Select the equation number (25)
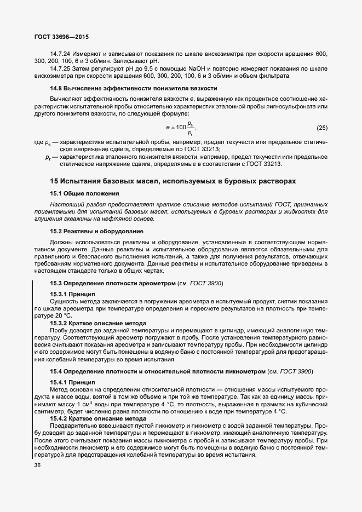(322, 128)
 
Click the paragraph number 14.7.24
(61, 53)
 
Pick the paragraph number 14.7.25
(61, 68)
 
